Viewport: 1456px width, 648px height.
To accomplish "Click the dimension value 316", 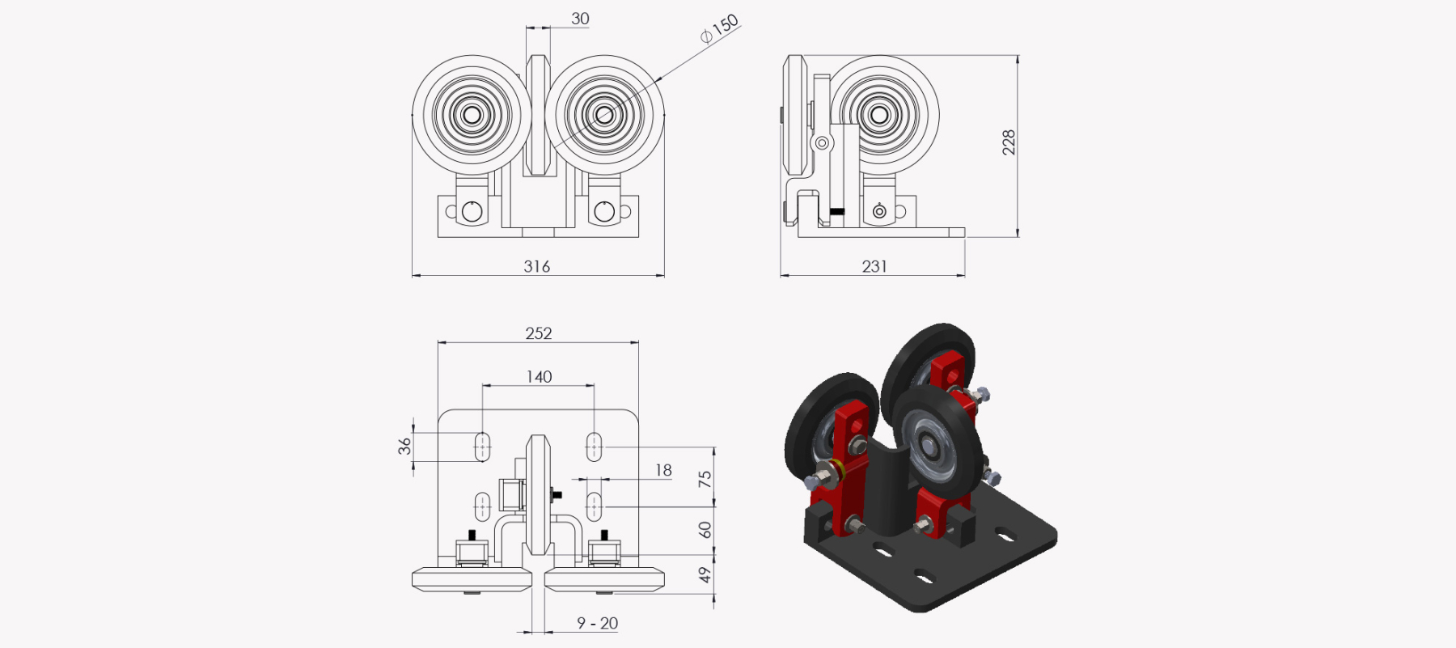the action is click(x=537, y=266).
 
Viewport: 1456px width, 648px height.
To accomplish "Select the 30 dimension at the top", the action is click(x=580, y=19).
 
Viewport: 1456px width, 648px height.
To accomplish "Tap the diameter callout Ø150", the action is click(x=719, y=29).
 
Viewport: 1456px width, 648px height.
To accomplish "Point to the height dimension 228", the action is click(x=1009, y=142).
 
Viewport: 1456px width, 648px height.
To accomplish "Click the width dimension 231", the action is click(x=874, y=266).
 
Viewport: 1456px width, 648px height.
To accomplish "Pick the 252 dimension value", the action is click(x=539, y=333).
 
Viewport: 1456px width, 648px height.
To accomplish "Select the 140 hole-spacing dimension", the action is click(x=539, y=377).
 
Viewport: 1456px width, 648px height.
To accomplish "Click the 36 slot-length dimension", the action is click(x=404, y=446).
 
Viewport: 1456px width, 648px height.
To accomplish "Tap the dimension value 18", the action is click(x=663, y=470).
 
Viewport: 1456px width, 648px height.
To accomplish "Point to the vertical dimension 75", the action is click(x=705, y=479).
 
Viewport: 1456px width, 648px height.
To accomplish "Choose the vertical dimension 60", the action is click(x=705, y=530).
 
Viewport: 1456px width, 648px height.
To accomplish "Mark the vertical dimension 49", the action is click(x=705, y=574).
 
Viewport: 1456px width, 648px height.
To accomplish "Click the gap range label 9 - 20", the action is click(x=597, y=624).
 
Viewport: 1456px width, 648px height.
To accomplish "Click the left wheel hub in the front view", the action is click(x=472, y=115).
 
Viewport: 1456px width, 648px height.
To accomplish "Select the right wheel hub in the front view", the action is click(x=604, y=115).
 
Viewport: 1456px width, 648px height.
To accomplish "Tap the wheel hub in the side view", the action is click(x=880, y=115).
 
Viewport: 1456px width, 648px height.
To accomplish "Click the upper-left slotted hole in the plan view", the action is click(x=482, y=447).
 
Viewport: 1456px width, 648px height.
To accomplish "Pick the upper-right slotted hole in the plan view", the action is click(x=594, y=447).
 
